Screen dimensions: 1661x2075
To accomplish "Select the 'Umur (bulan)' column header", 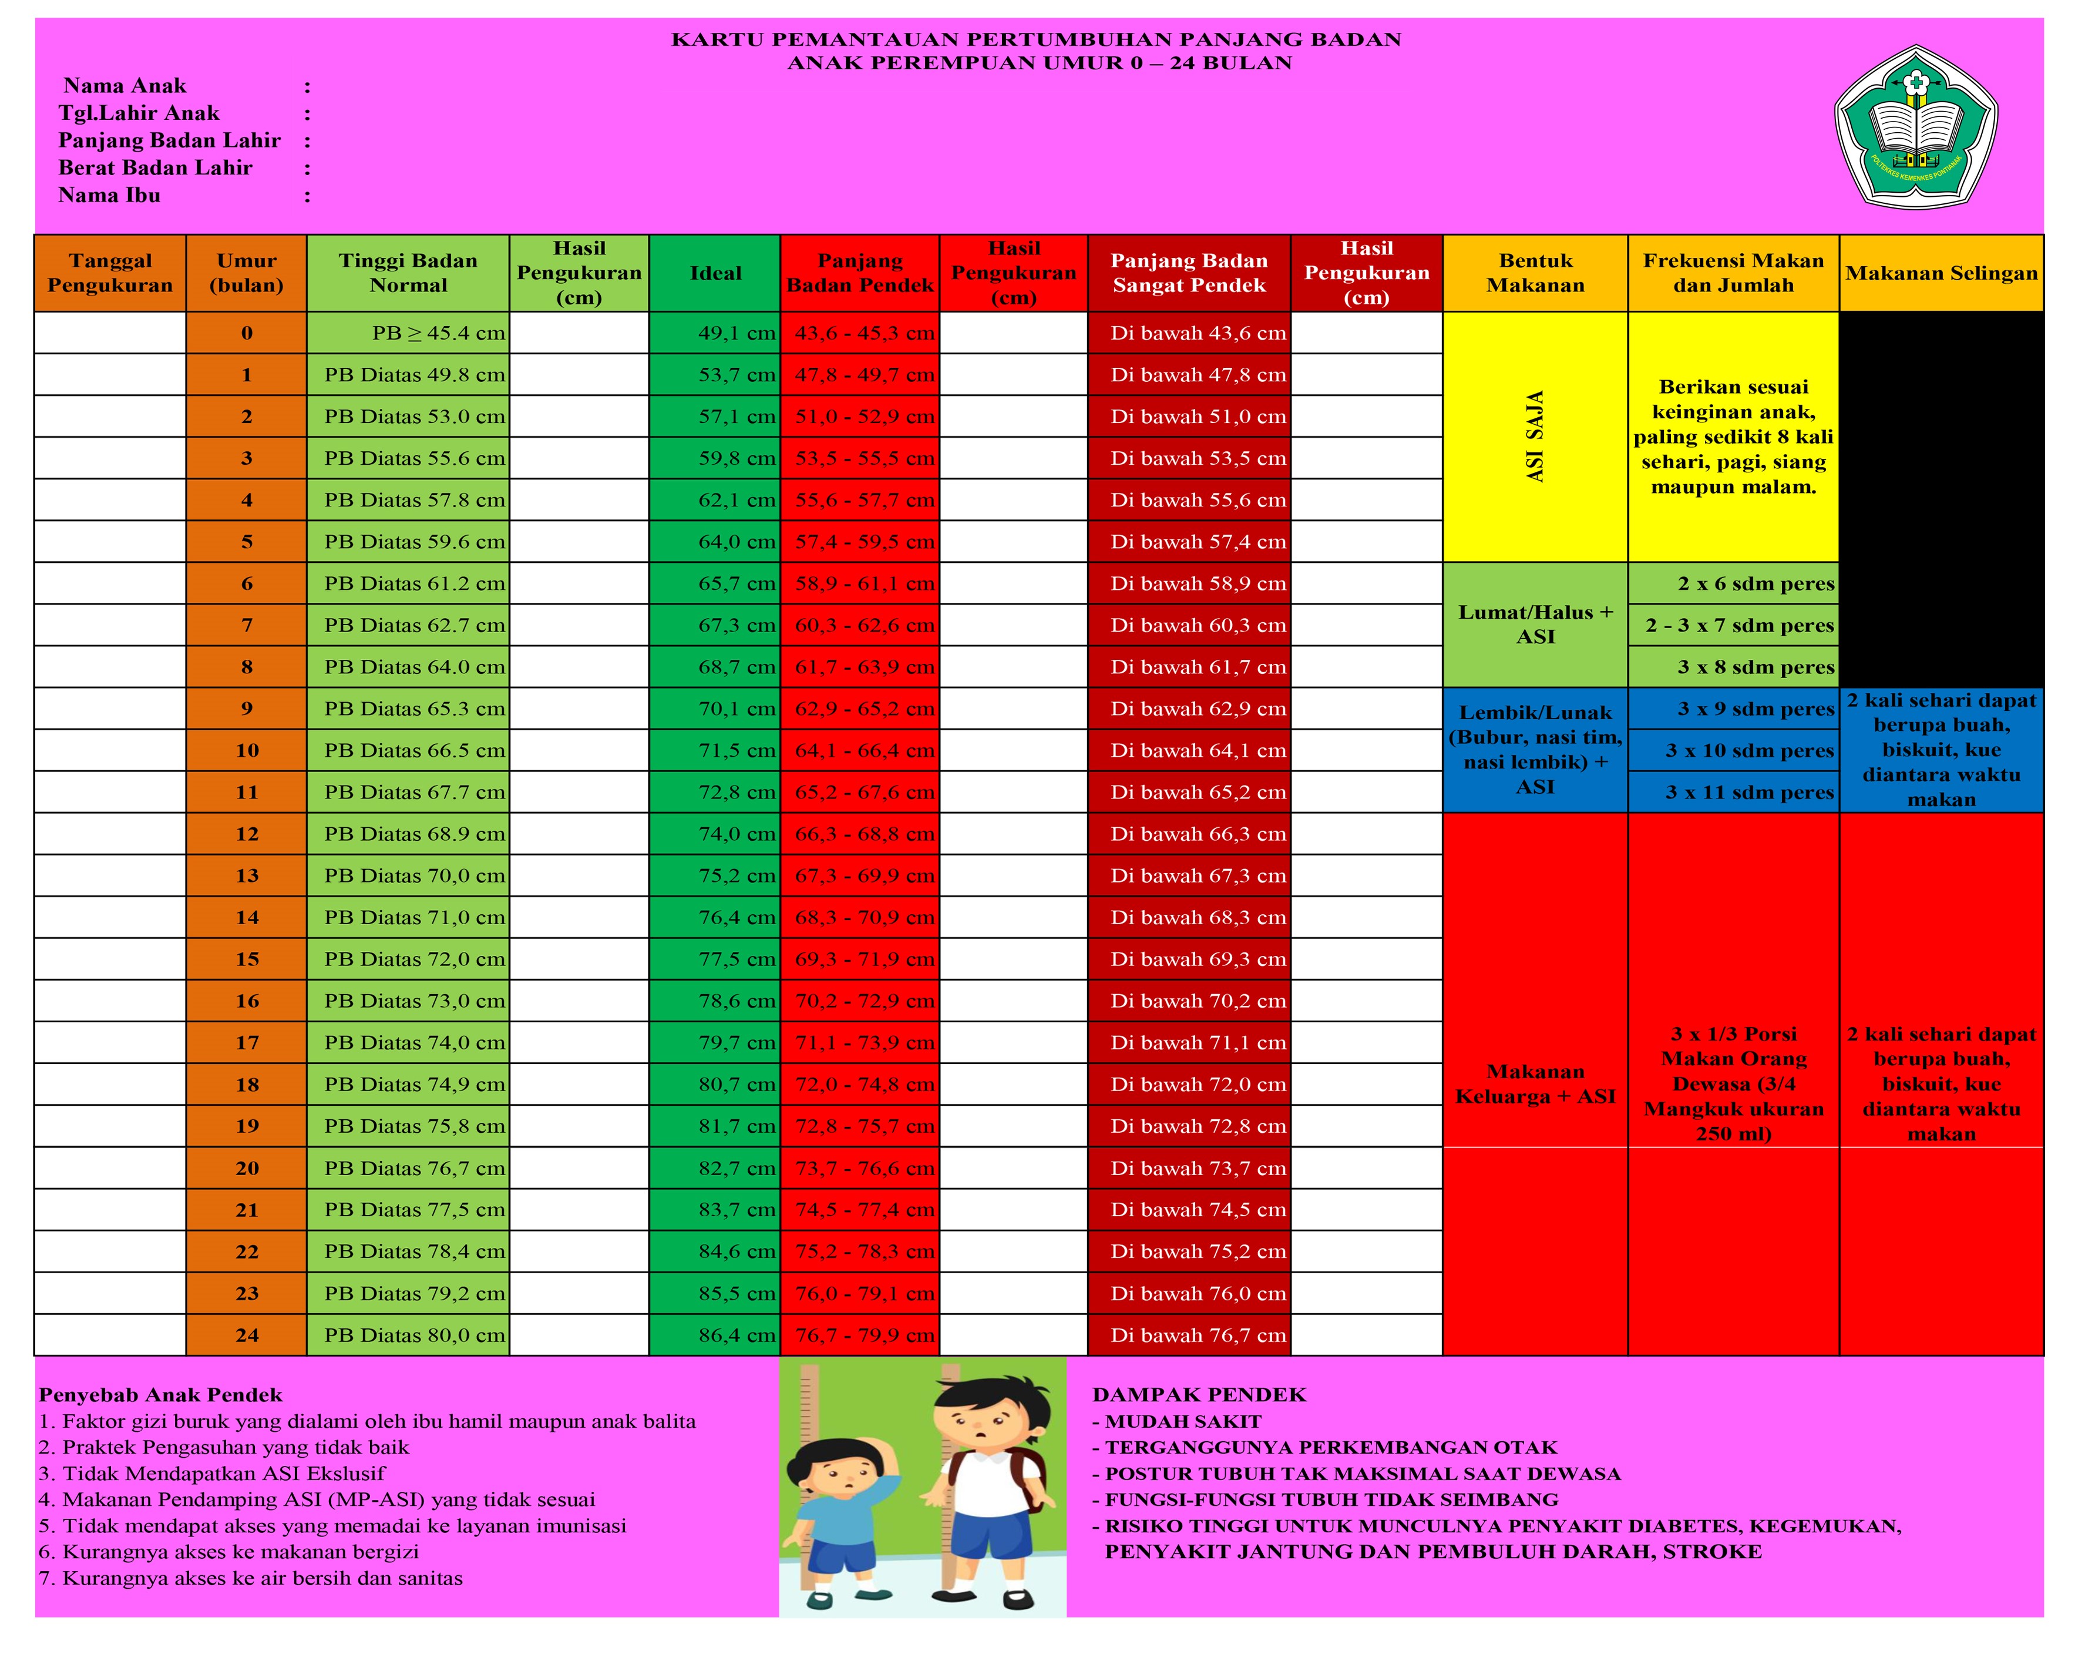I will click(247, 273).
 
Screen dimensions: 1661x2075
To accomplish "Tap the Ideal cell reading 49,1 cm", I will click(715, 333).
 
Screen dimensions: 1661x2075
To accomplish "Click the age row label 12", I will click(247, 834).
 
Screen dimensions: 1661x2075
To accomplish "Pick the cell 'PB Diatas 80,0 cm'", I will click(409, 1334).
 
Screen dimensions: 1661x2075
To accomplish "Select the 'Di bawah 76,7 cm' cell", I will click(1189, 1334).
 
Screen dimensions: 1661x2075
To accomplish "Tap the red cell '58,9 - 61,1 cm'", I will click(860, 583).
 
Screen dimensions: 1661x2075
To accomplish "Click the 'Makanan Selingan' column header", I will click(1941, 273).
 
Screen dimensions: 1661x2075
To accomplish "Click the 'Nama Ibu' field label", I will click(109, 196).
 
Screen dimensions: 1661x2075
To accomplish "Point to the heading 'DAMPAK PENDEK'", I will click(1199, 1394).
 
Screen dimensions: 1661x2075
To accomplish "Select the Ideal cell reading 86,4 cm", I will click(715, 1334).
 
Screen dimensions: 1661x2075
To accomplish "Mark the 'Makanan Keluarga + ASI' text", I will click(1535, 1083).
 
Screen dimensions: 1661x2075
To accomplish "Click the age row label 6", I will click(247, 583).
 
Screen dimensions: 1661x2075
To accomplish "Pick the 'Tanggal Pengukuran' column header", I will click(110, 273).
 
